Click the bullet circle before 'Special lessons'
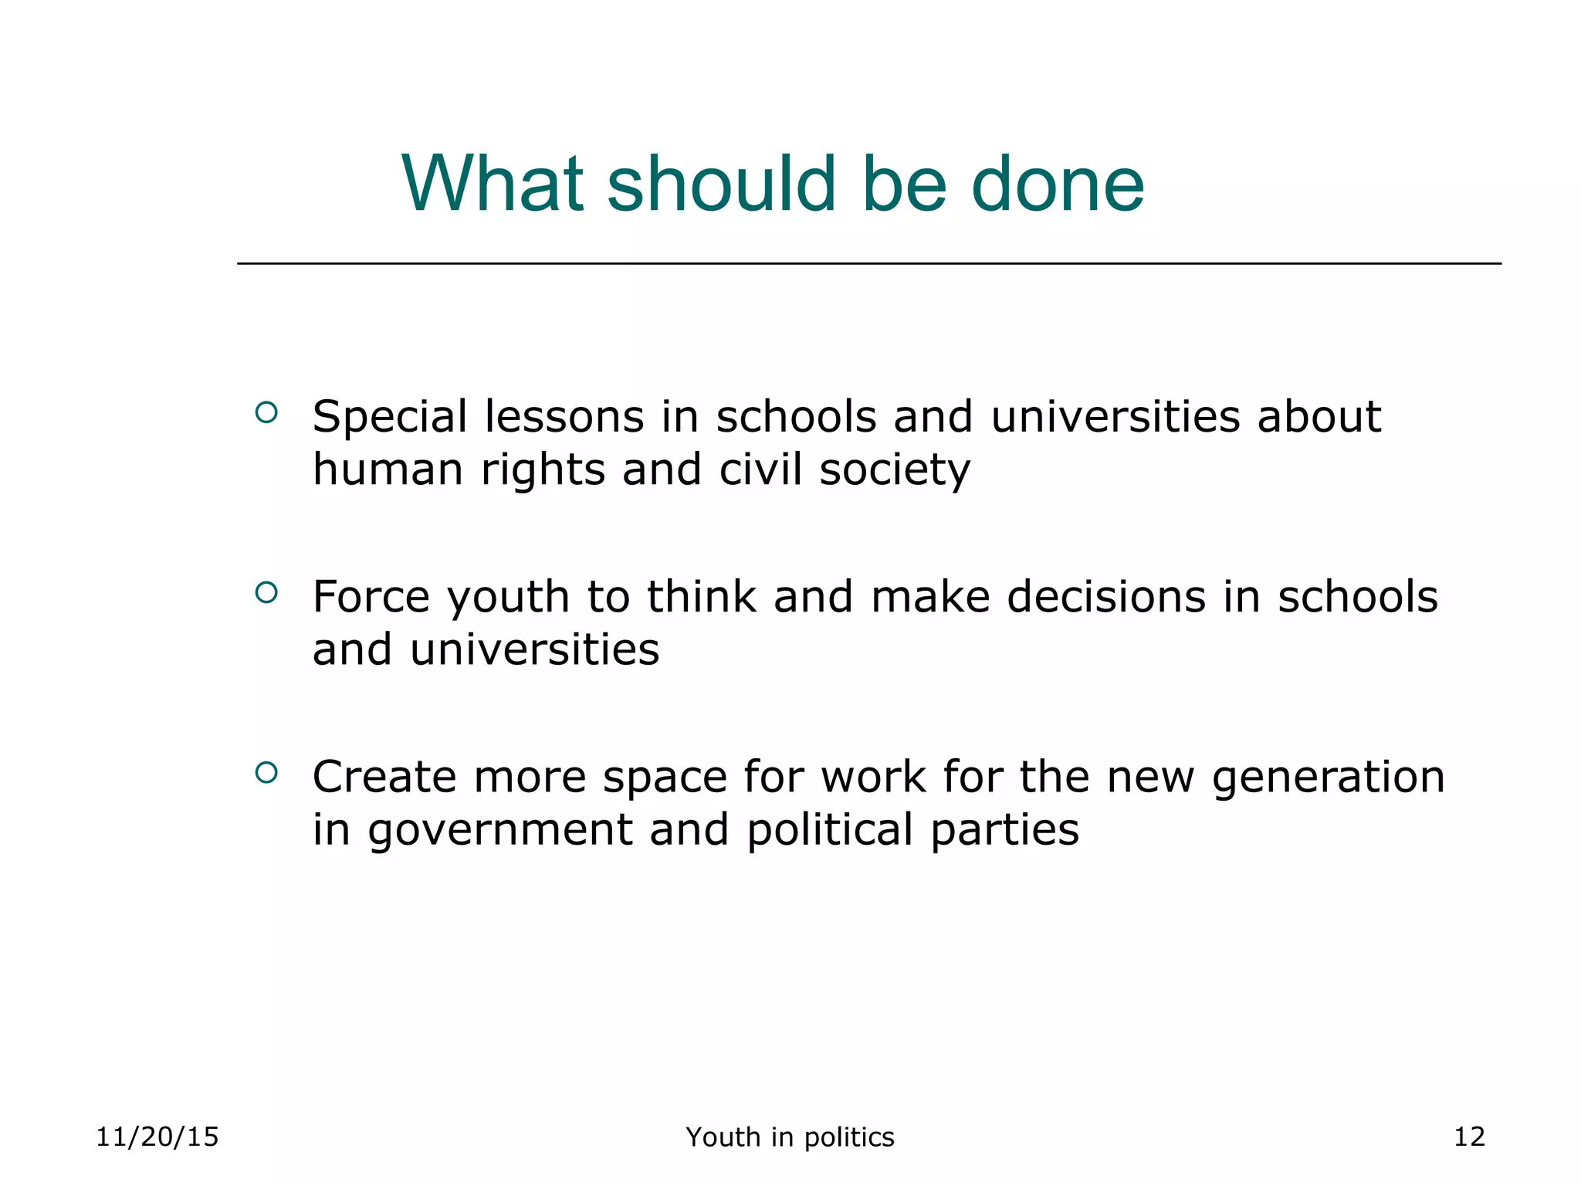266,412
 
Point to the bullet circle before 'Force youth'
266,592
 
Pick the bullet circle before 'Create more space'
266,772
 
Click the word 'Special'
390,418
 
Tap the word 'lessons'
564,417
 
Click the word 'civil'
760,469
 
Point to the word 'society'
895,471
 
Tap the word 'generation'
1328,778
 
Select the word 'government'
499,831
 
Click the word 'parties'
1005,831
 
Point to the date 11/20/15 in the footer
157,1137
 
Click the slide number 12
1469,1137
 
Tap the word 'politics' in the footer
849,1137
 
